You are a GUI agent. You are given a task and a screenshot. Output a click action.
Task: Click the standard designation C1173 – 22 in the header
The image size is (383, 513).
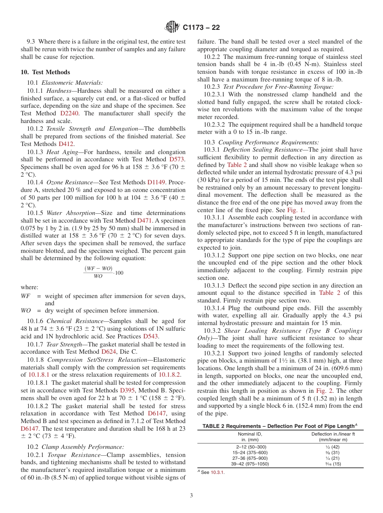click(201, 28)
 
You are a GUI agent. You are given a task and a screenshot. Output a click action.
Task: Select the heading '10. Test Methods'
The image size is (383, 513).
click(45, 72)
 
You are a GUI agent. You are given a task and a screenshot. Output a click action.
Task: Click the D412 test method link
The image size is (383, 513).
click(67, 144)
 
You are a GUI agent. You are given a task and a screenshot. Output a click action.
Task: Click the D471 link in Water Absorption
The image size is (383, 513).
click(145, 221)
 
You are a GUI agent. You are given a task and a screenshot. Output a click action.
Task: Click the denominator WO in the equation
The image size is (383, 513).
click(98, 276)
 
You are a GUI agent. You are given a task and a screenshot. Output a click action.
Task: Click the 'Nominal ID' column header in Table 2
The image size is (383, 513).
click(250, 434)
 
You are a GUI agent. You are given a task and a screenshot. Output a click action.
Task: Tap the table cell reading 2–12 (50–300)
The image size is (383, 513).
click(251, 447)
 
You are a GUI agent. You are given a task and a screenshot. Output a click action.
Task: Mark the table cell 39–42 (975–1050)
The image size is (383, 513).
click(250, 464)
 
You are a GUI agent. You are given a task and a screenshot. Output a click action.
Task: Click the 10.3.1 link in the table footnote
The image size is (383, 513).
click(217, 473)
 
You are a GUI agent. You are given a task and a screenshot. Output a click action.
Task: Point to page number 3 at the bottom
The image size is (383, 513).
click(191, 495)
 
